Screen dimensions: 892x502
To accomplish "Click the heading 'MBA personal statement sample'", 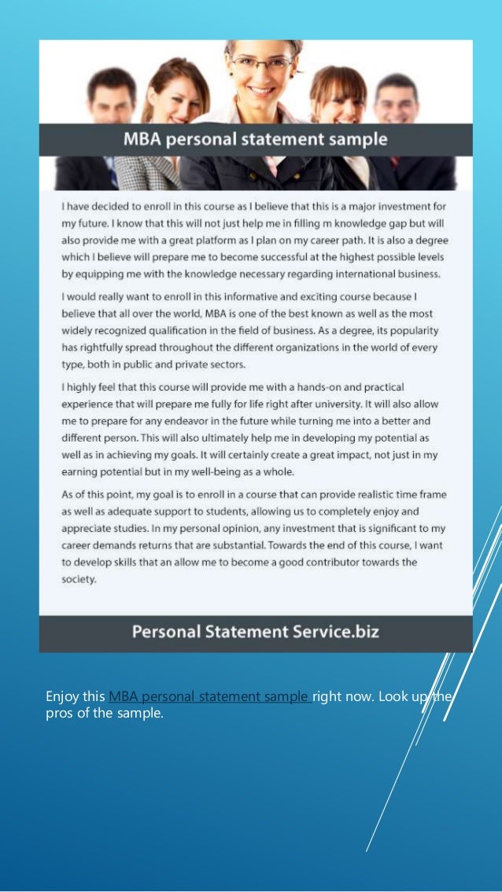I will pyautogui.click(x=255, y=140).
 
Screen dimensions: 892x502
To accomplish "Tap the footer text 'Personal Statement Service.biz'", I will pyautogui.click(x=255, y=631).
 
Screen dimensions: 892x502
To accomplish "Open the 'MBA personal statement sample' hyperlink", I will pyautogui.click(x=209, y=696).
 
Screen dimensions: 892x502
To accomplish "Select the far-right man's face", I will pyautogui.click(x=396, y=101).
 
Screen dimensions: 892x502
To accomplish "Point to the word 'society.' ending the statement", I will pyautogui.click(x=79, y=580).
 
